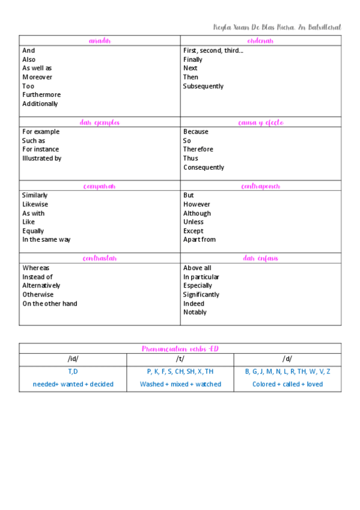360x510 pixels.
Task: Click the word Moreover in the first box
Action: (x=37, y=77)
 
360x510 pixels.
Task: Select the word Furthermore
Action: (x=41, y=94)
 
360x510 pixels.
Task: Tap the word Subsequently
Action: (x=203, y=86)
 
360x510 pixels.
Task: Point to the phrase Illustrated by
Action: (x=41, y=158)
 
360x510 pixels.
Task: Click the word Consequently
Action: (x=204, y=167)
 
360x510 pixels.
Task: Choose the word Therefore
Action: (x=198, y=149)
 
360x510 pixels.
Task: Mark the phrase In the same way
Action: (x=46, y=239)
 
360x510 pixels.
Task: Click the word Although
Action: (x=197, y=214)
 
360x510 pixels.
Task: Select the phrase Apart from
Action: (x=200, y=239)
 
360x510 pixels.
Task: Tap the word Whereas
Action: (x=36, y=268)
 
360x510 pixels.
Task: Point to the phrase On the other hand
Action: (x=50, y=304)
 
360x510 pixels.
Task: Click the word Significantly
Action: (x=201, y=295)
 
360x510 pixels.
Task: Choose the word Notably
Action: (x=195, y=312)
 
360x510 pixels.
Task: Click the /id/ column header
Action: (x=73, y=359)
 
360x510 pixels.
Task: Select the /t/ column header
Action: (x=180, y=359)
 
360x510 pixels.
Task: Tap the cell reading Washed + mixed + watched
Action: (x=180, y=384)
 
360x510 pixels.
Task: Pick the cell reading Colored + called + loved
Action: (x=287, y=384)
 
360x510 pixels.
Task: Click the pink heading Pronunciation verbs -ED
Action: (x=180, y=348)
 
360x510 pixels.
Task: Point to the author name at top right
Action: (x=277, y=27)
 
